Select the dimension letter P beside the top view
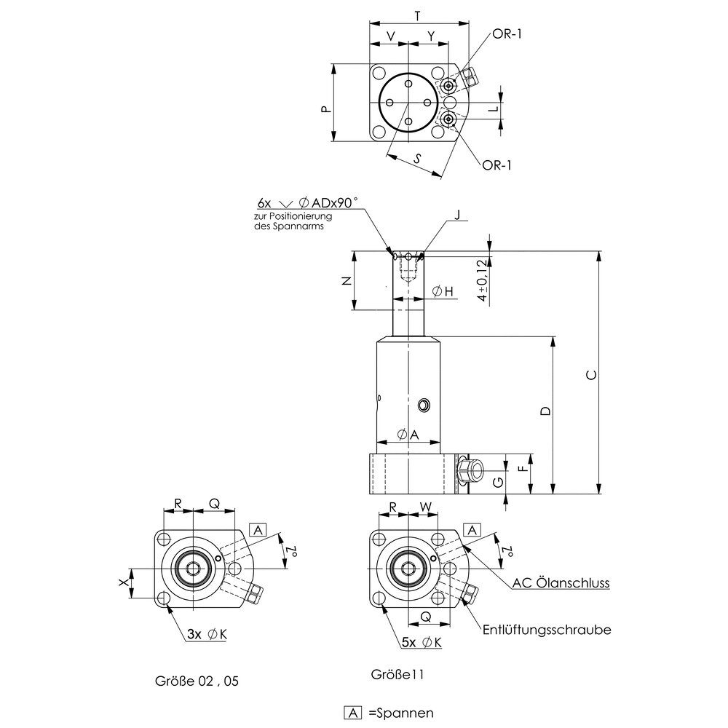tap(325, 108)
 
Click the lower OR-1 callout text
tap(497, 165)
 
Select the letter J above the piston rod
tap(457, 214)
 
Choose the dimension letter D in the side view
tap(546, 411)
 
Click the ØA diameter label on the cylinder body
tap(408, 435)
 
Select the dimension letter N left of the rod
tap(346, 281)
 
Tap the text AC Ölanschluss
tap(561, 583)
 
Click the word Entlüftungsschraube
tap(546, 630)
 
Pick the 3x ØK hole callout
tap(207, 635)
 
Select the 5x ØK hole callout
tap(422, 642)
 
